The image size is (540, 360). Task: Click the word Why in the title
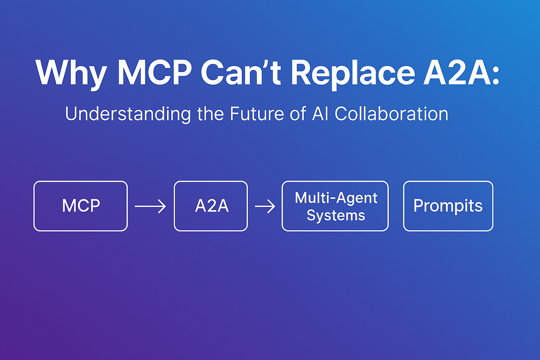71,73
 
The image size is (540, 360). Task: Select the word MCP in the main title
154,72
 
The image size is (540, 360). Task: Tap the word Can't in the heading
241,72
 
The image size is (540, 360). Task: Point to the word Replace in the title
353,73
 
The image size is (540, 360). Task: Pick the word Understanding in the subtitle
128,114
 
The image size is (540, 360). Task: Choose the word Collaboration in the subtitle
391,114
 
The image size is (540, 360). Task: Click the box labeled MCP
81,206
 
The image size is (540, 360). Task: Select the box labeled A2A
211,206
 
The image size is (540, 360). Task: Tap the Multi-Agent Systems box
335,206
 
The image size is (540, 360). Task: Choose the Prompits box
448,206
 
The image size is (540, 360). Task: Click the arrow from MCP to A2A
150,206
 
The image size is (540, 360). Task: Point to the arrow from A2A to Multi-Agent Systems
265,206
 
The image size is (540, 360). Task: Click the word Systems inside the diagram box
336,215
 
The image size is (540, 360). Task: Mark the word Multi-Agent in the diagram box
336,198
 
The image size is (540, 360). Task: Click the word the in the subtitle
211,114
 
